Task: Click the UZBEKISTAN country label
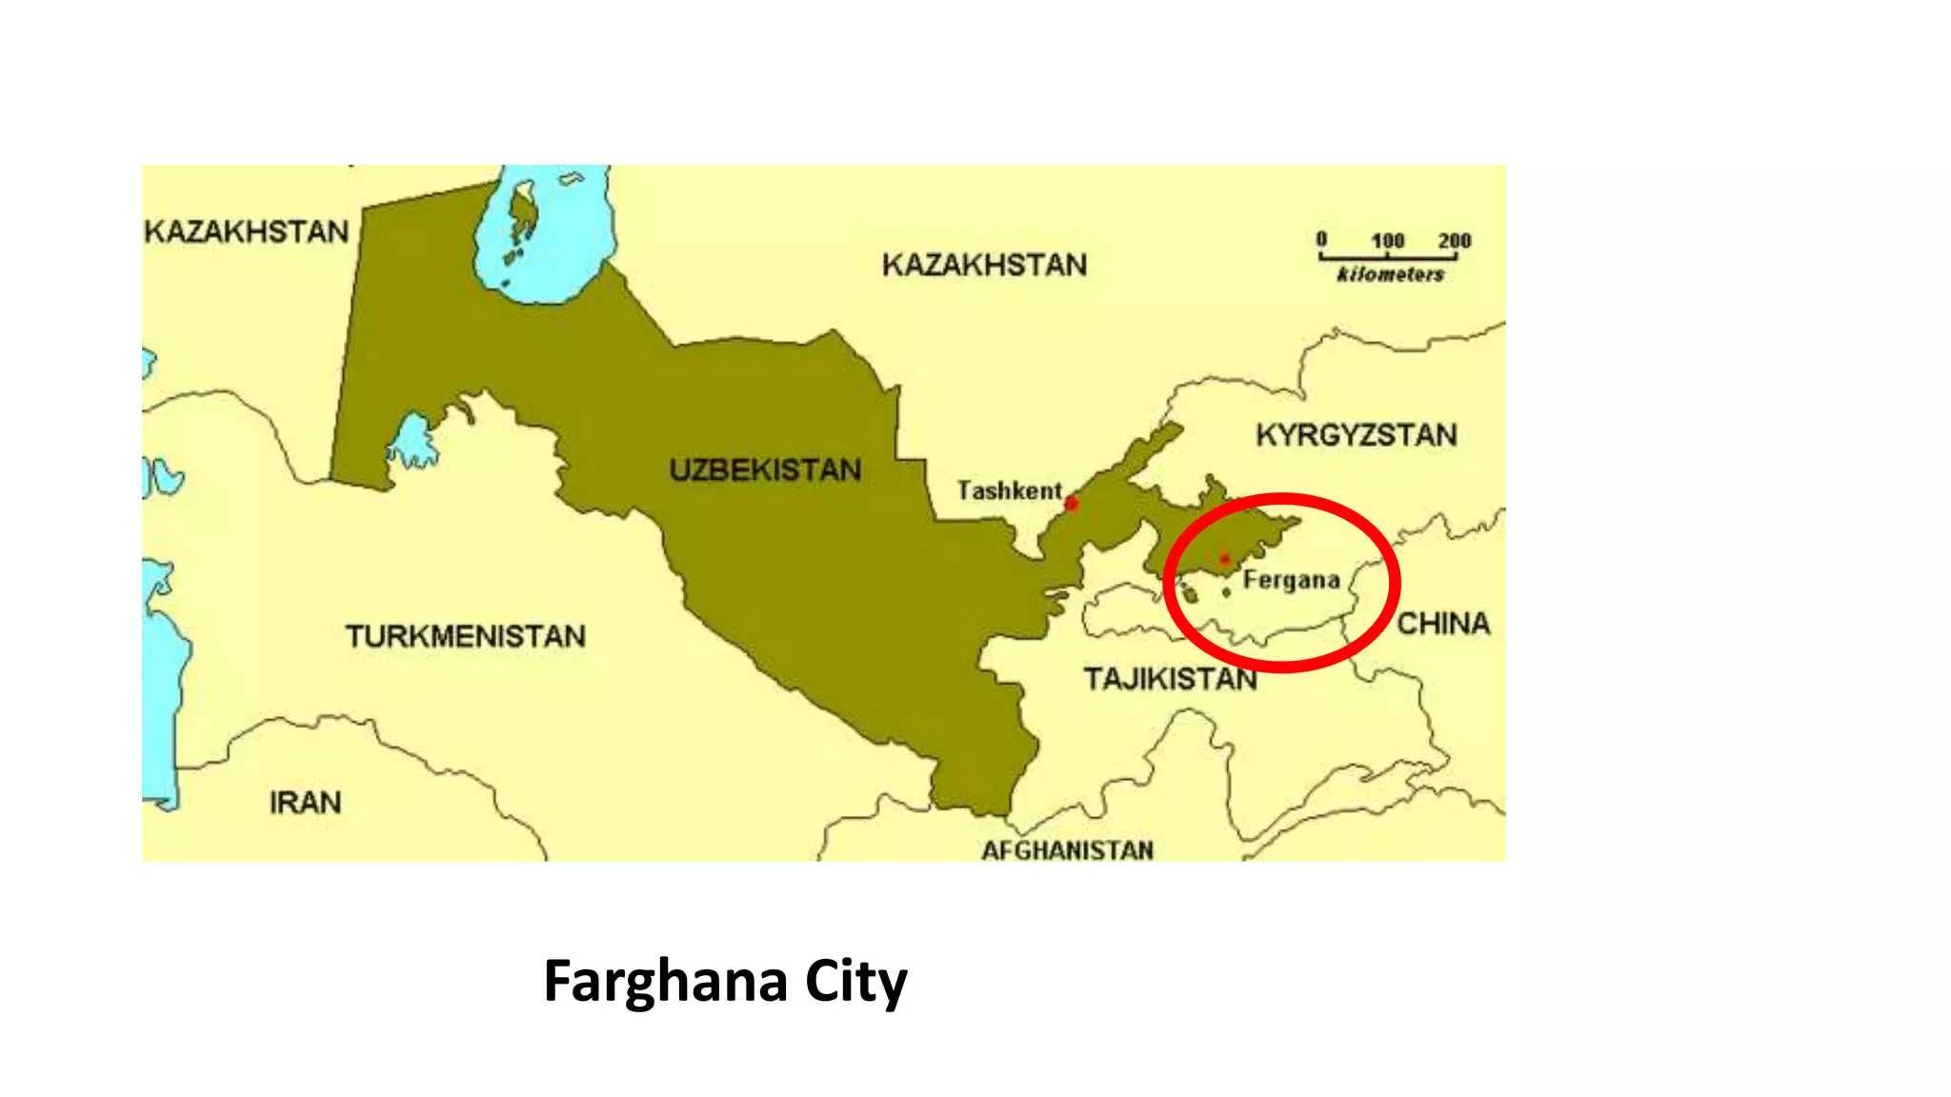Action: (765, 469)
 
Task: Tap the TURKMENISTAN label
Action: (465, 636)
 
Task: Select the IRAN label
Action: (305, 803)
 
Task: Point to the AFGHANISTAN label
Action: (1067, 849)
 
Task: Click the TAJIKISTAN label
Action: (1170, 679)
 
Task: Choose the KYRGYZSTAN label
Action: (1356, 435)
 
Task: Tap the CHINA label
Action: (1443, 624)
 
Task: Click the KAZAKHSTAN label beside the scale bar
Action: (984, 265)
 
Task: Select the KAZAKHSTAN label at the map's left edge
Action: (246, 231)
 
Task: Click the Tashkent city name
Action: (1009, 490)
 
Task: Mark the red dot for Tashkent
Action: (1072, 503)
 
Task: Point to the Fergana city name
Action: (1291, 580)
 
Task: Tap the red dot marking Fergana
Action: (1224, 559)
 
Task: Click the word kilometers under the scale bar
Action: (1390, 275)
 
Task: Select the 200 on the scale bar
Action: (1455, 241)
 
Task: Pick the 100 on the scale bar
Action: (1388, 241)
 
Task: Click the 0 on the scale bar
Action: (1321, 239)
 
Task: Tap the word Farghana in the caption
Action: (665, 982)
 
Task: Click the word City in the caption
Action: (855, 982)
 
